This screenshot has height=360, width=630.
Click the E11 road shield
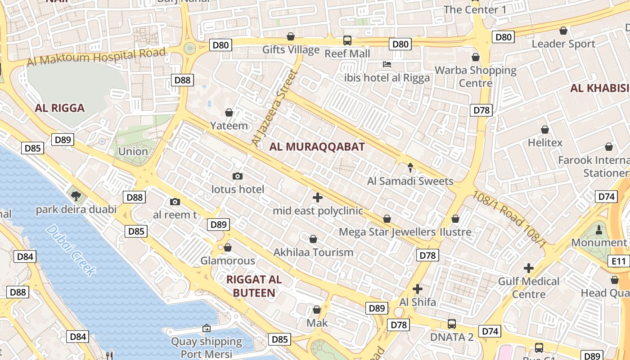[619, 261]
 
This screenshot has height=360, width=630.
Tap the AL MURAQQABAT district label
[317, 146]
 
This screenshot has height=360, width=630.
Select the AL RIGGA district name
[60, 108]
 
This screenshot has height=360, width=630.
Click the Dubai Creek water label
[71, 250]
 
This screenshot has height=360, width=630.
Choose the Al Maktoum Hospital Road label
[96, 56]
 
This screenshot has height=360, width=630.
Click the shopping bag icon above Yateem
[229, 112]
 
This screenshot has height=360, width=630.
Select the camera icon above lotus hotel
[238, 176]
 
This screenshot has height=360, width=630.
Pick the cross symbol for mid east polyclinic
[318, 197]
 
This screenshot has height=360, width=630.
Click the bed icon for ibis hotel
[387, 64]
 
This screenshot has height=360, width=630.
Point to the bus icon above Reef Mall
[347, 40]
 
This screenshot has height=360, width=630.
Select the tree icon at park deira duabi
[76, 196]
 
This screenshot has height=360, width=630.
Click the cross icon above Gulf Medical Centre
[529, 269]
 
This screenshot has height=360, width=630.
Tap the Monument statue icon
[599, 230]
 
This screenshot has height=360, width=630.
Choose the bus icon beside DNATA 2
[451, 324]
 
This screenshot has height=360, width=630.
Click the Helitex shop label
[545, 143]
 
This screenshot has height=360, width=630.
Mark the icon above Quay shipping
[207, 328]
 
